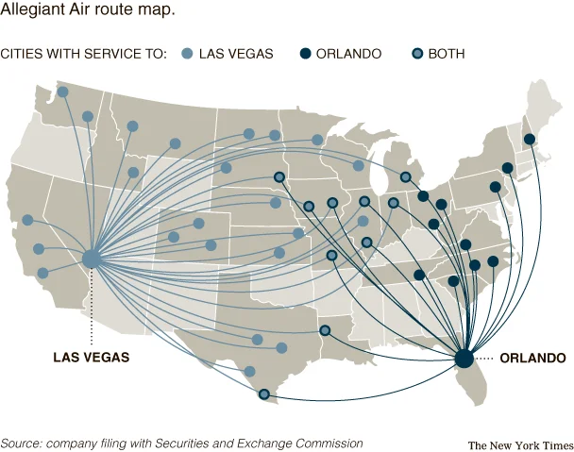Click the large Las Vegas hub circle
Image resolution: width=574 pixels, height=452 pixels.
tap(92, 259)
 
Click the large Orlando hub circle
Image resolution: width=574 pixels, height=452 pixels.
tap(464, 359)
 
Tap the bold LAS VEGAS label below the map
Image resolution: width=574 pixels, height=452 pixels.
tap(92, 358)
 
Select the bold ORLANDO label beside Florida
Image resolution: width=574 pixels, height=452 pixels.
tap(532, 359)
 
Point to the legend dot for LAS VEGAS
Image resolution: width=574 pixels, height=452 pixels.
tap(187, 54)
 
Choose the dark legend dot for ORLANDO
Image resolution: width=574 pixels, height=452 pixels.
tap(305, 54)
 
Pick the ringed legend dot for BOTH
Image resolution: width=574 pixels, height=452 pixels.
tap(416, 54)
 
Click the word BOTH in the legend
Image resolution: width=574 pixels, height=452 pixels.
tap(447, 54)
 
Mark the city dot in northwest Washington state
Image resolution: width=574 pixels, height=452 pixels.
tap(62, 92)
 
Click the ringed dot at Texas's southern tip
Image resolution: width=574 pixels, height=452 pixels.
tap(263, 393)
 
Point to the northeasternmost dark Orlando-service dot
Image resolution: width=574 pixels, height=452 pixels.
tap(530, 140)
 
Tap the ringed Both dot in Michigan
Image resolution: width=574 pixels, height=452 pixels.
tap(405, 176)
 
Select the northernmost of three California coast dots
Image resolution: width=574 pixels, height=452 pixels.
tap(27, 220)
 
